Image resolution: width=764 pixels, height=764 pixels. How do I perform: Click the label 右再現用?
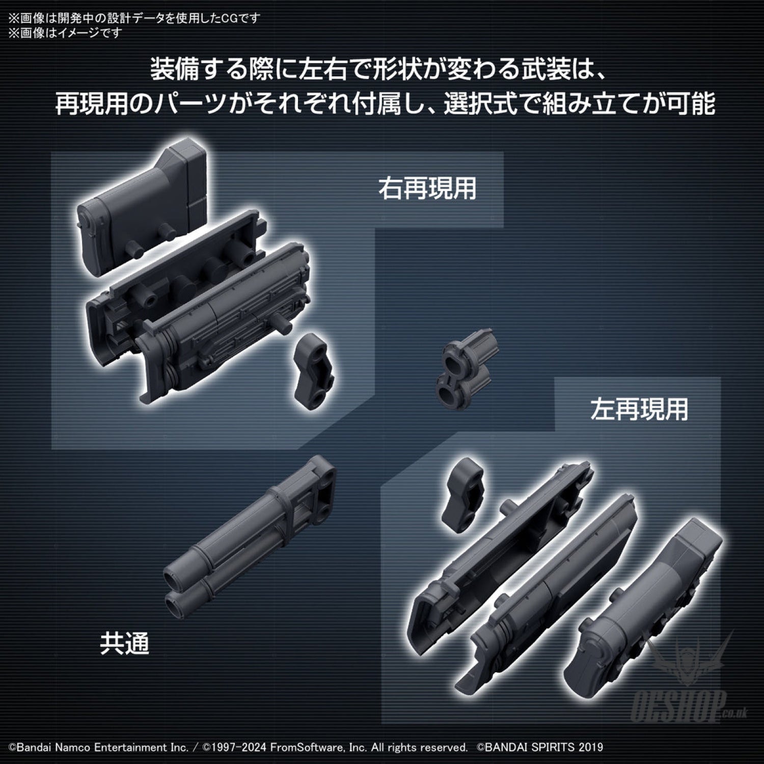[427, 188]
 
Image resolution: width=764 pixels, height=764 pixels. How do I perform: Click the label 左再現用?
[639, 410]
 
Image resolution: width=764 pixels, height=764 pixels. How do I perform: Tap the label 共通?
[124, 643]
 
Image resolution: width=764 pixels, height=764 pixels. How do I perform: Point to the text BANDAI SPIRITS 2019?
[544, 748]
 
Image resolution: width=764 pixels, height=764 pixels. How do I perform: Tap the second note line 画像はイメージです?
[68, 33]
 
